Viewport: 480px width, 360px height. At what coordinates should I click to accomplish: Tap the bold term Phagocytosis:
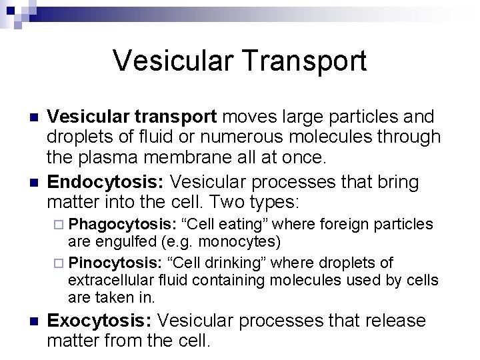click(x=111, y=222)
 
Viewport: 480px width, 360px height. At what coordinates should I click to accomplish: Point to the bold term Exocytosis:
click(x=101, y=321)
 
